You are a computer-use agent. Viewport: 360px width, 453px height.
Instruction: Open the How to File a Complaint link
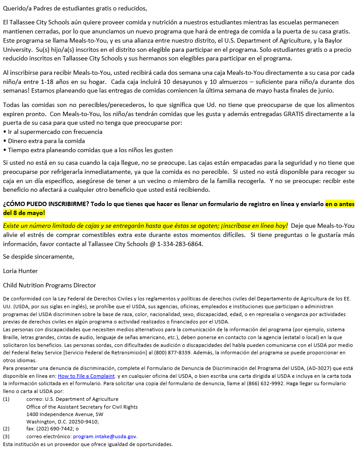[x=86, y=376]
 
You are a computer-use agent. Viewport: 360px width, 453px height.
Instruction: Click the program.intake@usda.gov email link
[x=105, y=436]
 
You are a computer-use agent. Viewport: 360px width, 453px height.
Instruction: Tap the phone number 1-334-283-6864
[x=180, y=244]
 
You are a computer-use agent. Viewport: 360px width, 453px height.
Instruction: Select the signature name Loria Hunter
[x=20, y=271]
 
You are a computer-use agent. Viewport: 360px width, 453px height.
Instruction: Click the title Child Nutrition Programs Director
[x=50, y=285]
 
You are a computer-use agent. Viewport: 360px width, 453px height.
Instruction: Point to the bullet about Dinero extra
[x=46, y=141]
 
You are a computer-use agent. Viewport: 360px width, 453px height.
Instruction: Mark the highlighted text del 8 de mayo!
[x=24, y=213]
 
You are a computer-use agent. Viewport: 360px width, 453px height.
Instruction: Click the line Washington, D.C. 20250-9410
[x=63, y=421]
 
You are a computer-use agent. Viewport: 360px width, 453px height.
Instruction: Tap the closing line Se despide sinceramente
[x=38, y=256]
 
